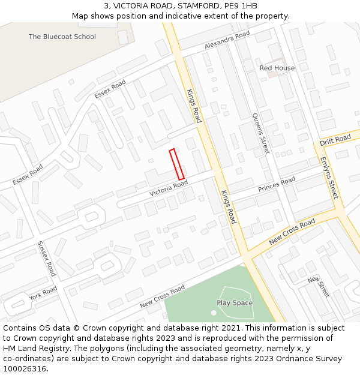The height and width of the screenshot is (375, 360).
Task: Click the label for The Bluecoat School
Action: coord(62,37)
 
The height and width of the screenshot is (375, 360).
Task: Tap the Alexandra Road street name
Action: coord(227,40)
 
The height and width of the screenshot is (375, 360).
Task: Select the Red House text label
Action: coord(277,68)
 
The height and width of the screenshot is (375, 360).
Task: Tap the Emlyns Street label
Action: coord(329,178)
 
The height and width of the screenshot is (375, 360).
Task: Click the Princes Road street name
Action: coord(277,184)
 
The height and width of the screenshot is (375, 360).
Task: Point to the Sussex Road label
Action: coord(46,259)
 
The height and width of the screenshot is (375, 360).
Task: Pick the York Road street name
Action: coord(43,293)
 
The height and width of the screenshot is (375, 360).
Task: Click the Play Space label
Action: coord(235,303)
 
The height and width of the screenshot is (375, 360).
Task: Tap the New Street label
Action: coord(319,287)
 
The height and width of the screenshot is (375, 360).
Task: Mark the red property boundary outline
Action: coord(176,164)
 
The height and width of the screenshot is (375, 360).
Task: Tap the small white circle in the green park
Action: coord(214,313)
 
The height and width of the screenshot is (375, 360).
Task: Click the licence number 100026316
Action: coord(25,369)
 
